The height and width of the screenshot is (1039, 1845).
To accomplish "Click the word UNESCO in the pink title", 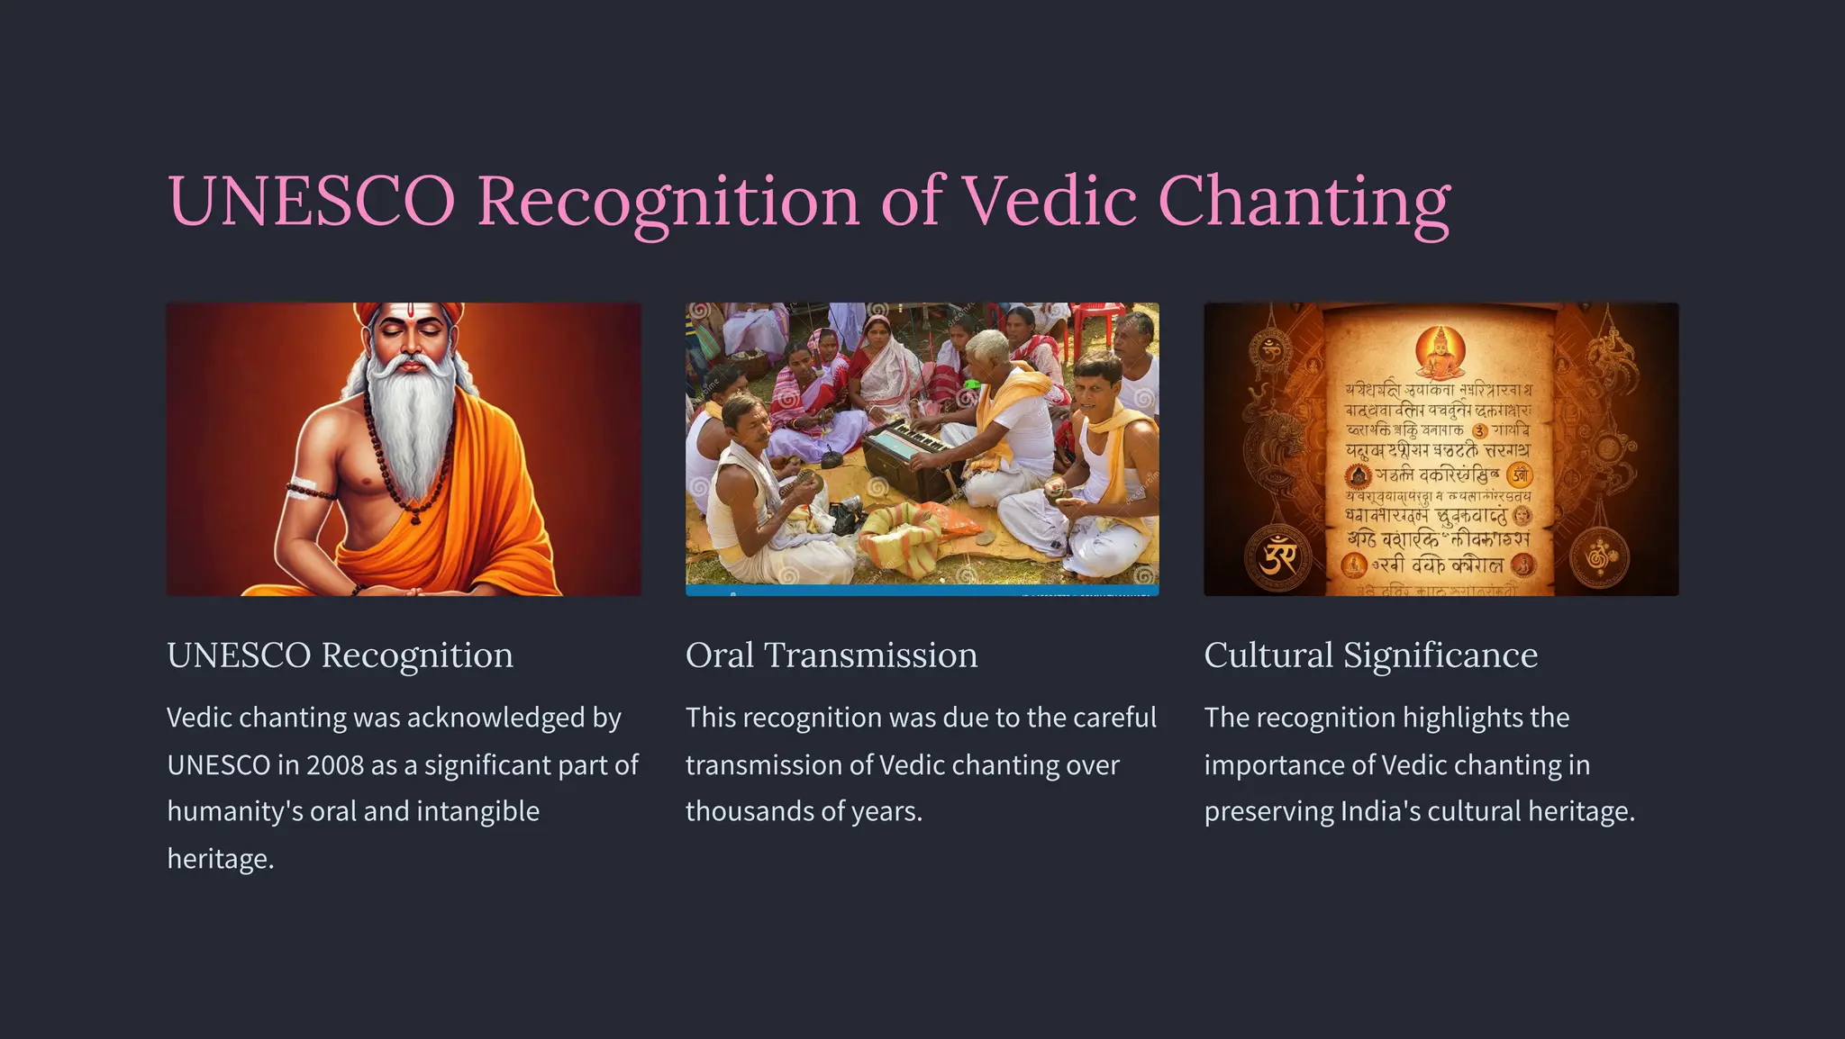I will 311,200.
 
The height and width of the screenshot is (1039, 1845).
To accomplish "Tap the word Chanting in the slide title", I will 1304,200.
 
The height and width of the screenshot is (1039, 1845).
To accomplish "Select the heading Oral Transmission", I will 831,655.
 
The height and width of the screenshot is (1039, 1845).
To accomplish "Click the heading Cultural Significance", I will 1370,655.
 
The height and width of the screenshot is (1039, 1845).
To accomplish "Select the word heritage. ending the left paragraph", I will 220,859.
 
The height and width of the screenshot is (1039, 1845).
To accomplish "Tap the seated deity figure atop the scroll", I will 1440,351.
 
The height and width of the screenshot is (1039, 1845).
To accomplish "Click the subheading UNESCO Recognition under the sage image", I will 340,655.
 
